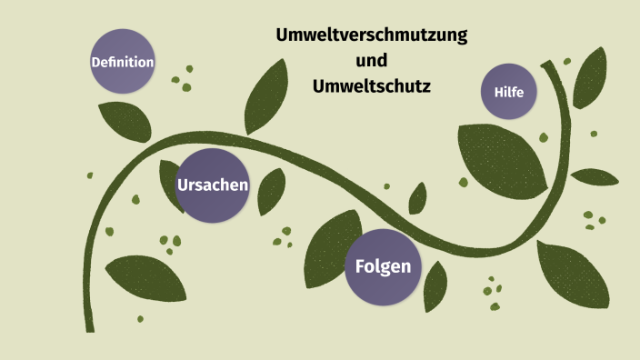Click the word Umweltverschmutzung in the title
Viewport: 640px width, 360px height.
[371, 36]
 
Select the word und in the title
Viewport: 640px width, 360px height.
[371, 61]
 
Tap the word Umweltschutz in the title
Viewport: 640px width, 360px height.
[371, 86]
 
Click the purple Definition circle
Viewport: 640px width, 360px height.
[123, 61]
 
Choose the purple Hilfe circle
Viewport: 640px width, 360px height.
[509, 92]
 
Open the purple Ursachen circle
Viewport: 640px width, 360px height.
[213, 185]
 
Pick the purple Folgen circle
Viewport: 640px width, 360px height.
[383, 267]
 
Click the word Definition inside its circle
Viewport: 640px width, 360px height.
[123, 62]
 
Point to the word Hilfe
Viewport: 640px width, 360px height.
[509, 92]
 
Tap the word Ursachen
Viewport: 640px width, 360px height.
[213, 185]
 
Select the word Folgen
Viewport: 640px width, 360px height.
[383, 267]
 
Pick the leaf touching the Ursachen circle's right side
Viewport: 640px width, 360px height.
[270, 191]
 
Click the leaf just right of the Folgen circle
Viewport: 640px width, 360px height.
[435, 284]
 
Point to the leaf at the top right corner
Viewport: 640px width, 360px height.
[590, 78]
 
